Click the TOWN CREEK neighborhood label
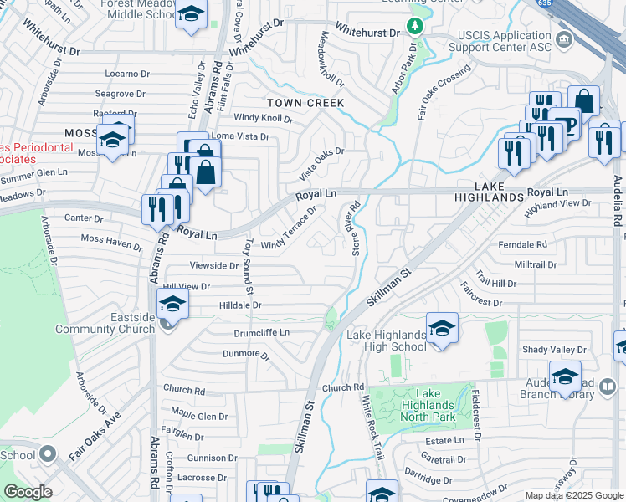pyautogui.click(x=305, y=102)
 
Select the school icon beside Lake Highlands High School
pyautogui.click(x=441, y=329)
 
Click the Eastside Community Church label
pyautogui.click(x=105, y=323)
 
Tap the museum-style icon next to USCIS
pyautogui.click(x=563, y=39)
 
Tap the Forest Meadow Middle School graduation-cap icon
pyautogui.click(x=192, y=15)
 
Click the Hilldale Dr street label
pyautogui.click(x=240, y=305)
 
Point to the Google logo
pyautogui.click(x=28, y=491)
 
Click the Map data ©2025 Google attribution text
pyautogui.click(x=573, y=495)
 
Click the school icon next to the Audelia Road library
pyautogui.click(x=565, y=376)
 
